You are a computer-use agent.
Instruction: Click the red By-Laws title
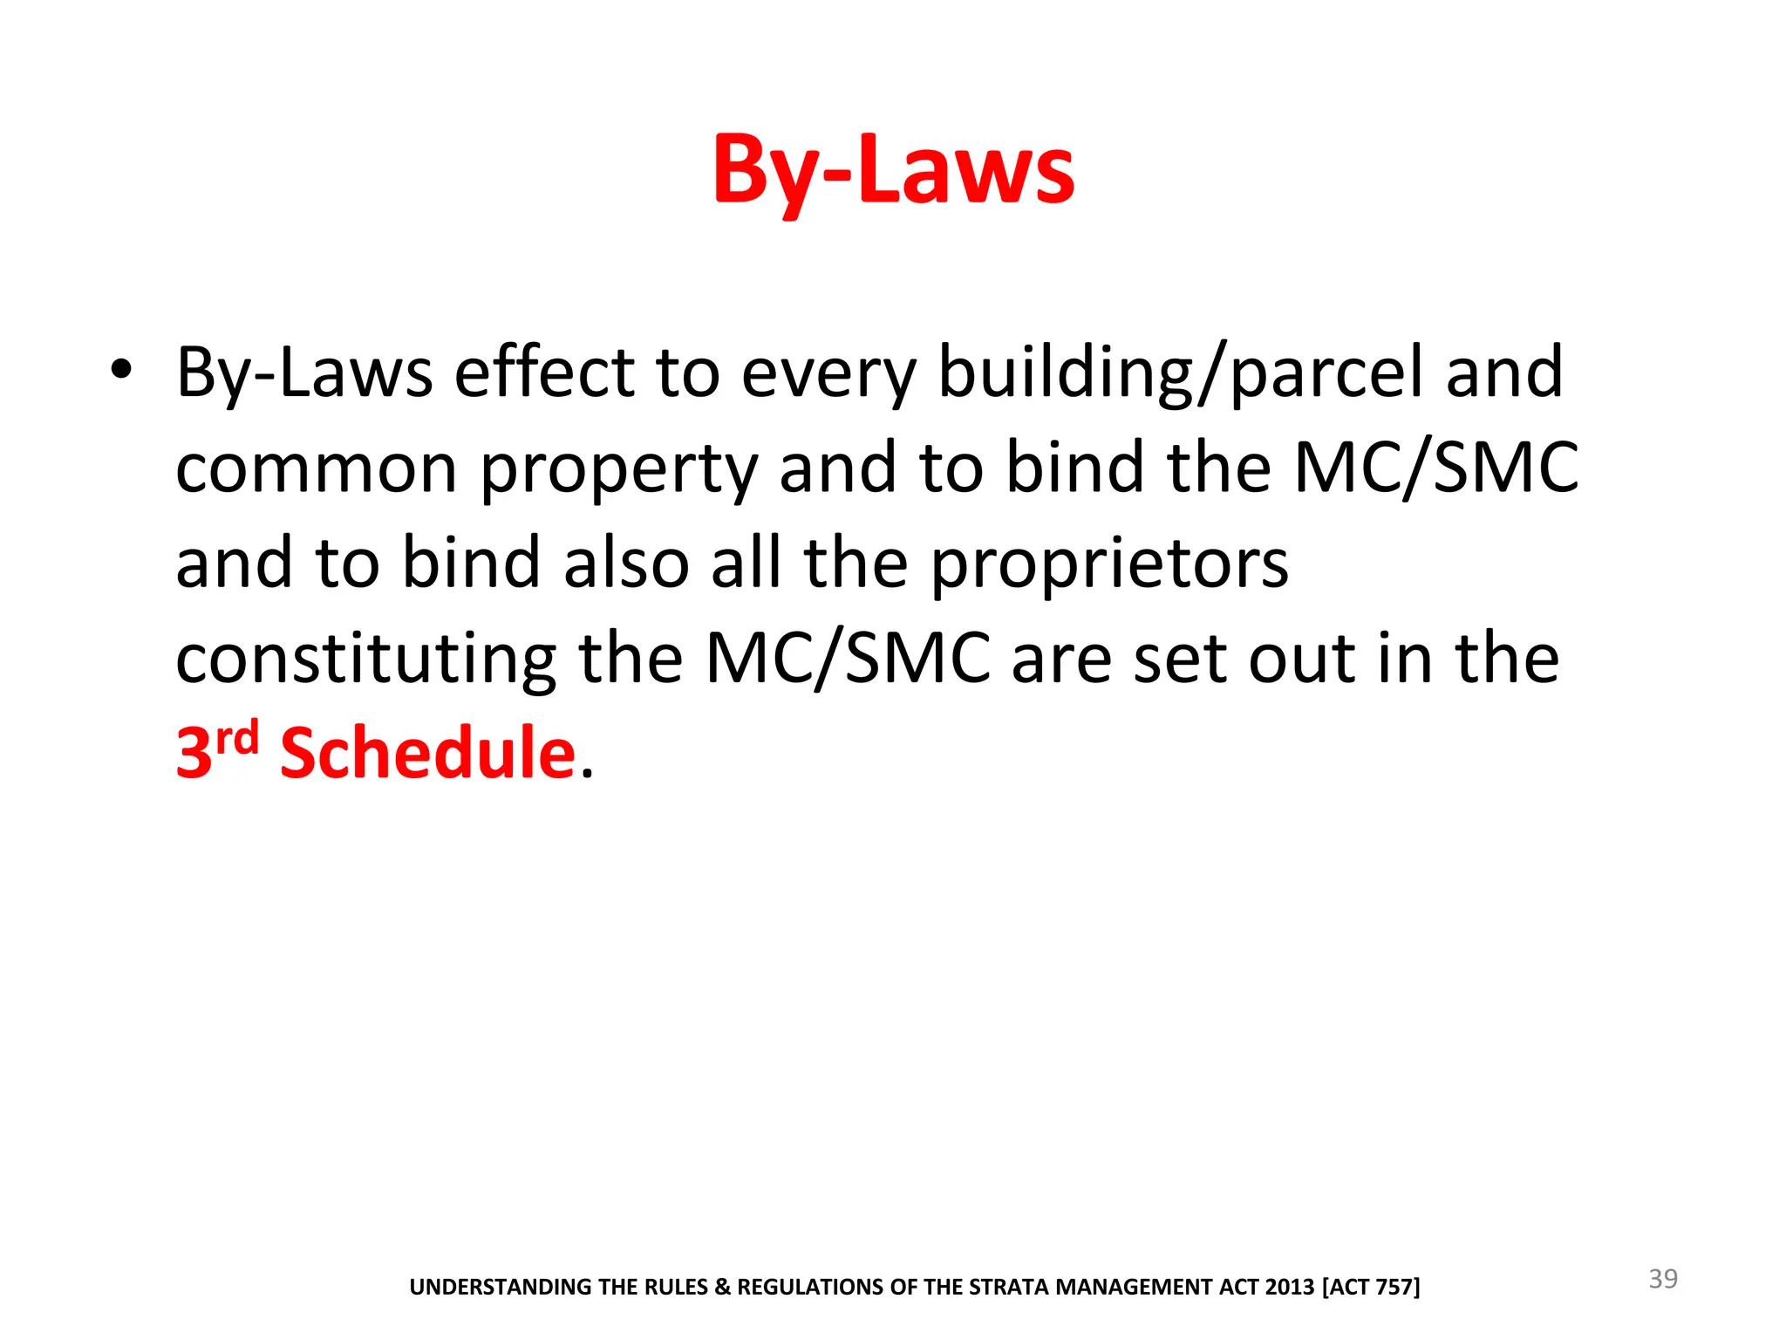point(893,170)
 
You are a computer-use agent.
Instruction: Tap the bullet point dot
point(121,370)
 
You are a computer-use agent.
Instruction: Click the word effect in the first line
point(544,373)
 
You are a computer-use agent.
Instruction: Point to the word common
point(316,469)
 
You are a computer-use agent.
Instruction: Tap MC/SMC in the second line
point(1435,468)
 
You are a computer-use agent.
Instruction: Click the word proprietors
point(1108,565)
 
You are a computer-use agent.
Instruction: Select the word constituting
point(365,660)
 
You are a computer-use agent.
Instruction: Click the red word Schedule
point(427,753)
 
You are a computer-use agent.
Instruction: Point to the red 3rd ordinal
point(216,750)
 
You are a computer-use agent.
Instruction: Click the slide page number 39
point(1662,1279)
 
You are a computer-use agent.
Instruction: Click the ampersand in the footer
point(723,1288)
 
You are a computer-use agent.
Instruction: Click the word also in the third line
point(627,564)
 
